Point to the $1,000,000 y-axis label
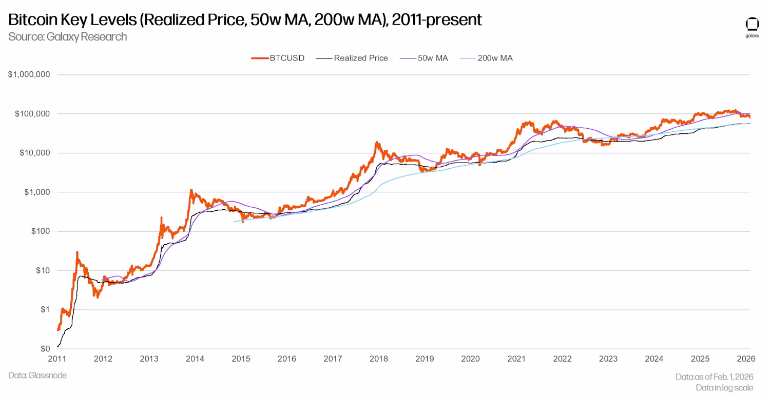[29, 74]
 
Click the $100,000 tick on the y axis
[31, 113]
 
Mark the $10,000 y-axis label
[33, 153]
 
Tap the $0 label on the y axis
[45, 349]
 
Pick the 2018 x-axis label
[378, 359]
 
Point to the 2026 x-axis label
[745, 359]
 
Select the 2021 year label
[516, 359]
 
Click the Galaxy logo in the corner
[752, 27]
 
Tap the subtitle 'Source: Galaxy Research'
[67, 36]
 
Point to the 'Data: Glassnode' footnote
[37, 375]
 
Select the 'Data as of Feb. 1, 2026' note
[714, 377]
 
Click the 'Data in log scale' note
[724, 388]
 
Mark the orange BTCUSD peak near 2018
[377, 143]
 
